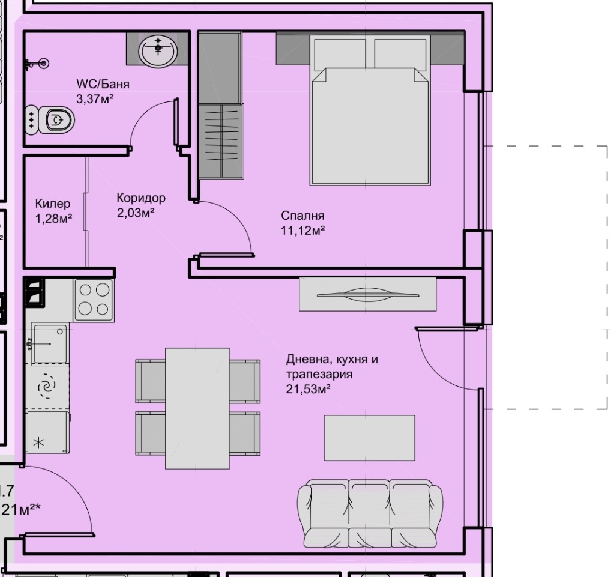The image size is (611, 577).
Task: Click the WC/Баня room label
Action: click(103, 84)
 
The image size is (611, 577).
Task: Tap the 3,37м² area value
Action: click(95, 98)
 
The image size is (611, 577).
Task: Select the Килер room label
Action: click(53, 204)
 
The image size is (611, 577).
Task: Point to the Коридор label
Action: click(141, 198)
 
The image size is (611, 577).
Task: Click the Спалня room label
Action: click(302, 216)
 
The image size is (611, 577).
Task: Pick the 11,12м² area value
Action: click(303, 230)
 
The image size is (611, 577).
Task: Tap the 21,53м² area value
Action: click(309, 389)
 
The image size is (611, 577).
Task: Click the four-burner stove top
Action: click(94, 300)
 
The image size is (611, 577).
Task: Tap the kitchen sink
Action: click(49, 343)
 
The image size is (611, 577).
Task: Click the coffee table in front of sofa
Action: click(370, 438)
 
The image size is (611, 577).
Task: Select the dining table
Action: click(197, 408)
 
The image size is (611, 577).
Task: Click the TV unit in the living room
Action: click(368, 294)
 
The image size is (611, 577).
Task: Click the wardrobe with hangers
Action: click(221, 140)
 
